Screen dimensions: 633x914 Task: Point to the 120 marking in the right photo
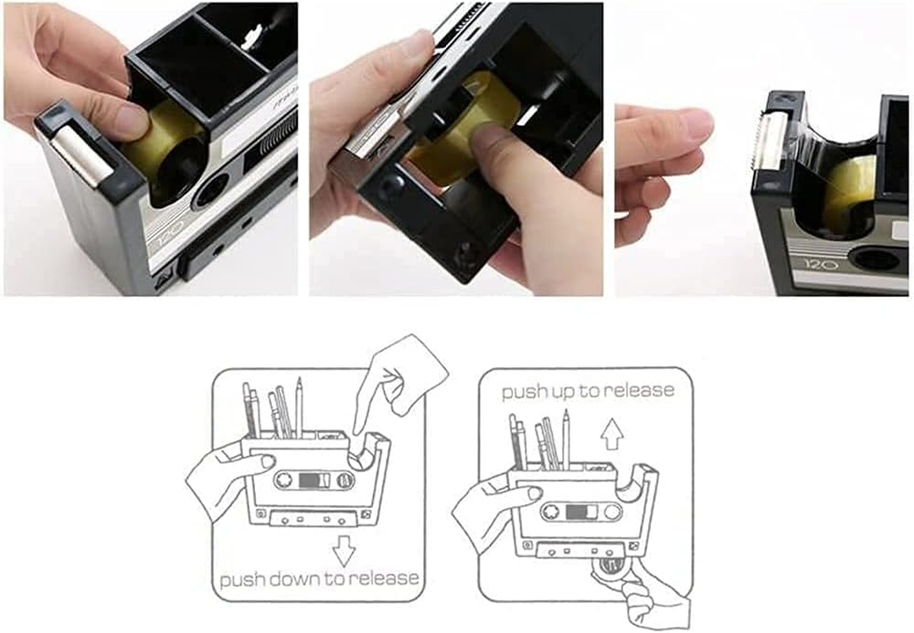coord(816,263)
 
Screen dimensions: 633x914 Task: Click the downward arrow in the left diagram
coord(344,551)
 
